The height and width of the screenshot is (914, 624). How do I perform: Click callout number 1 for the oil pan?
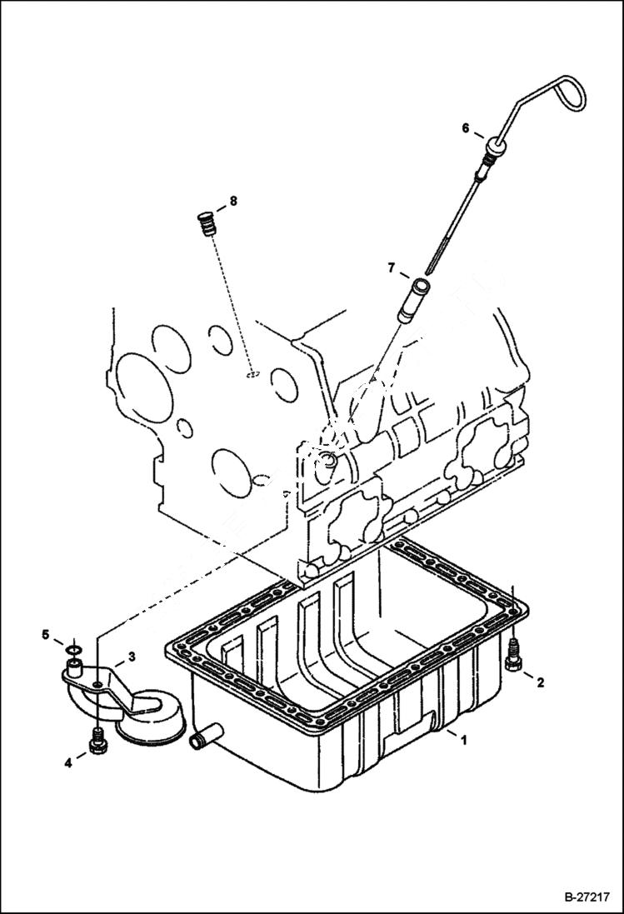(x=464, y=738)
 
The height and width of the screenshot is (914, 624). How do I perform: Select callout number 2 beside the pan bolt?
(x=540, y=683)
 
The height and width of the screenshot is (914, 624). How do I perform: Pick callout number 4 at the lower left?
(x=69, y=762)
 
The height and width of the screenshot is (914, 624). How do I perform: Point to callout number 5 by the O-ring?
(x=47, y=635)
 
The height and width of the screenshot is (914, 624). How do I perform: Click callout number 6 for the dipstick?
(x=467, y=127)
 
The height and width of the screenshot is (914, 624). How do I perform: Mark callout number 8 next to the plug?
(x=233, y=201)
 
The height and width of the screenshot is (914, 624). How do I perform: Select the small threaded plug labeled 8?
(x=204, y=225)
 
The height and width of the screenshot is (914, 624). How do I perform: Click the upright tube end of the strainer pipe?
(x=75, y=667)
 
